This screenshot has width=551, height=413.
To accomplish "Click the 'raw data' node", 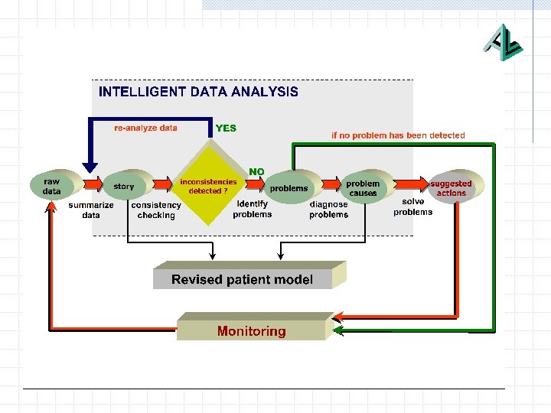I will click(x=53, y=186).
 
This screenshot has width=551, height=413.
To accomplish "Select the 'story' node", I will click(x=124, y=186).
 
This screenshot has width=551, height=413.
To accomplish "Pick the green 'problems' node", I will click(x=289, y=187).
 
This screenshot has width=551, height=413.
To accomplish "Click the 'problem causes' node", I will click(x=363, y=187).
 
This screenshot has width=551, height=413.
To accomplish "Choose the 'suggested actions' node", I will click(x=451, y=187).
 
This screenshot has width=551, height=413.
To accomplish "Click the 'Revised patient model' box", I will click(x=243, y=279).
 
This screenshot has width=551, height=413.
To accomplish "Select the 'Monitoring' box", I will click(x=251, y=331).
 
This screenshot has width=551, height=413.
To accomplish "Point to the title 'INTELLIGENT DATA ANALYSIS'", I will click(x=198, y=92).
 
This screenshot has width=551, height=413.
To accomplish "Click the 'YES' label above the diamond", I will click(x=226, y=128).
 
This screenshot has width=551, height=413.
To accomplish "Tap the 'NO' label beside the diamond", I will click(x=256, y=171).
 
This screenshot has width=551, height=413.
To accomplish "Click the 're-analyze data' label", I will click(x=145, y=128).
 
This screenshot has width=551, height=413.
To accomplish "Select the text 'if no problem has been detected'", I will click(x=398, y=135).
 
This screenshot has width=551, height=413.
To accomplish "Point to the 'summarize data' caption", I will click(x=91, y=210).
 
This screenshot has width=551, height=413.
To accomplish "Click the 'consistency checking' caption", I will click(x=156, y=210).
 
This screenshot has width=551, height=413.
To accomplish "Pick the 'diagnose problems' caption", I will click(x=328, y=209).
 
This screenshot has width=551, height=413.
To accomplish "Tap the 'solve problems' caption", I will click(x=412, y=206).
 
